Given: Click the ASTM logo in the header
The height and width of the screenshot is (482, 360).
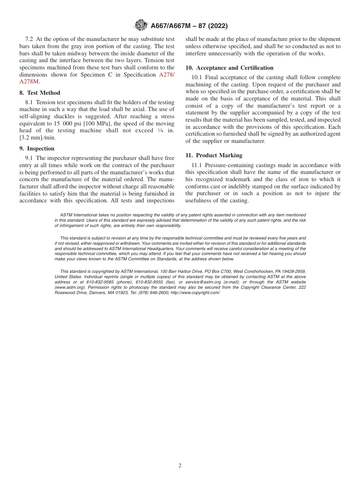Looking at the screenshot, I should pyautogui.click(x=141, y=26).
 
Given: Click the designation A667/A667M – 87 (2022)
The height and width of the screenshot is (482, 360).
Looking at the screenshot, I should pyautogui.click(x=189, y=26).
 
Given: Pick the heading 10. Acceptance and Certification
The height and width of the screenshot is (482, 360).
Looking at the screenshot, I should pyautogui.click(x=229, y=68).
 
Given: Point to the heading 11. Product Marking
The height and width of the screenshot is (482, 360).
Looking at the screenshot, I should pyautogui.click(x=214, y=155).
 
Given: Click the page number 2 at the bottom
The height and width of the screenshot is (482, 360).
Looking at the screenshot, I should pyautogui.click(x=180, y=466).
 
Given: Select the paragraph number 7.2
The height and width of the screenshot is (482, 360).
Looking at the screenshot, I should pyautogui.click(x=29, y=39).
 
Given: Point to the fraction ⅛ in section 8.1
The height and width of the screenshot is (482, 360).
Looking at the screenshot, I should pyautogui.click(x=160, y=131).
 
